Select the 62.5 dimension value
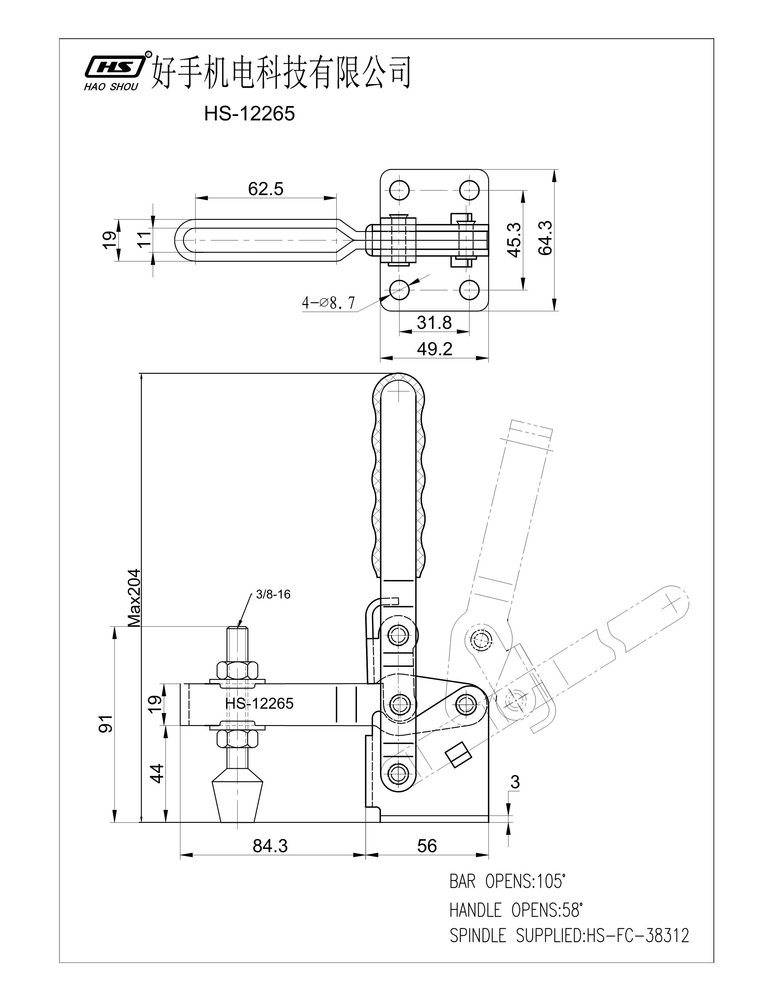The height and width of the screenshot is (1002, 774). [266, 189]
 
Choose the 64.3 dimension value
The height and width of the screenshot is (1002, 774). [546, 238]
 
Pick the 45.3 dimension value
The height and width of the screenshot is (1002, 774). [514, 240]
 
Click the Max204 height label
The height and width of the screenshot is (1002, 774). [134, 598]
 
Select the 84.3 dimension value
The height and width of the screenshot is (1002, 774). [270, 846]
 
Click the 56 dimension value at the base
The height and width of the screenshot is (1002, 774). [427, 846]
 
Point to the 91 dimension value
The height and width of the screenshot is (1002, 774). [106, 724]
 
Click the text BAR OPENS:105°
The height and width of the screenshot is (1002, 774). [507, 881]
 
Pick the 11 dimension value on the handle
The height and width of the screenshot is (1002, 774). [145, 240]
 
